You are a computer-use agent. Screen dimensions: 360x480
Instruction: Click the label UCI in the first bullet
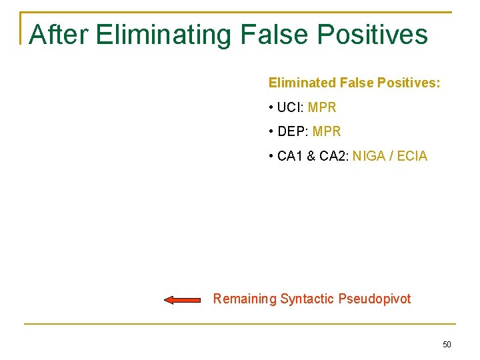[289, 107]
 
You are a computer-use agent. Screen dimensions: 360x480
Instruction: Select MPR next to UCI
[322, 107]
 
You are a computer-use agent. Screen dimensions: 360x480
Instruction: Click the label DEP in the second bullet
[291, 132]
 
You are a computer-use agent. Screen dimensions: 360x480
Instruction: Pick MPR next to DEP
[326, 132]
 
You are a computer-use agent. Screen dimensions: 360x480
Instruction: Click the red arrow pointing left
[182, 300]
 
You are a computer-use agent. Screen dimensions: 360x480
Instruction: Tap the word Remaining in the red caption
[244, 299]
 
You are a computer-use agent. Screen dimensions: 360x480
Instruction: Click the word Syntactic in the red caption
[307, 299]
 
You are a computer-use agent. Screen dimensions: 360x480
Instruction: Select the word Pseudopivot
[375, 299]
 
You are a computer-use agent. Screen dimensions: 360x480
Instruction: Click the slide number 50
[447, 345]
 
